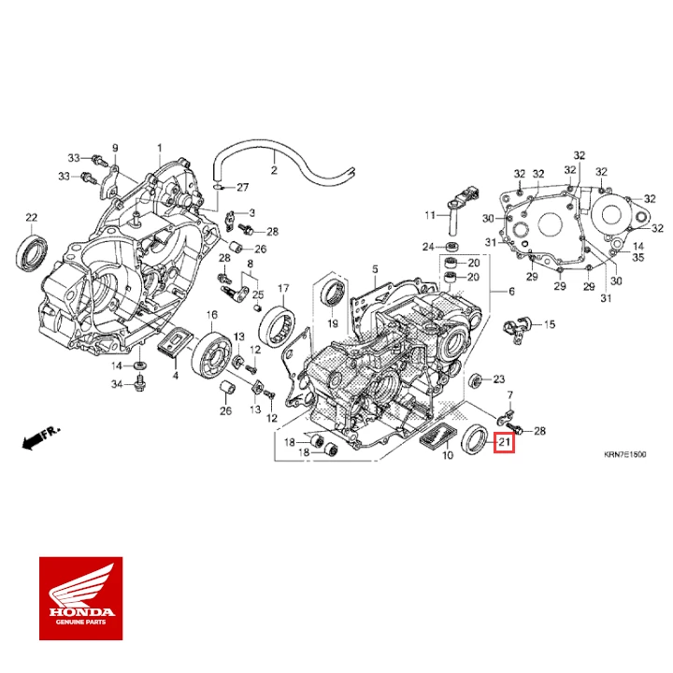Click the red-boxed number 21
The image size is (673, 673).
pos(505,441)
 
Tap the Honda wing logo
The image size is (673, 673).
pos(79,587)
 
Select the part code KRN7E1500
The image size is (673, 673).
pos(624,454)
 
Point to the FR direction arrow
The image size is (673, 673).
pos(40,436)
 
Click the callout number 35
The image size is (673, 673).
pos(639,257)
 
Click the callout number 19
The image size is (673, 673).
pos(331,322)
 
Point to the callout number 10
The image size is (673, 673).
pos(448,455)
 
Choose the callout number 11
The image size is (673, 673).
pos(430,216)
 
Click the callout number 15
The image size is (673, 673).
pos(549,324)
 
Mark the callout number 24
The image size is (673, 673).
pos(427,247)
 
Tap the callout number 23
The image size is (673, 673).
pos(498,379)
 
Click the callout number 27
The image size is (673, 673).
pos(242,187)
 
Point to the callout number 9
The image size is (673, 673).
pos(116,149)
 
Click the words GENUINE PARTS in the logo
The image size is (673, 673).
pos(79,620)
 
